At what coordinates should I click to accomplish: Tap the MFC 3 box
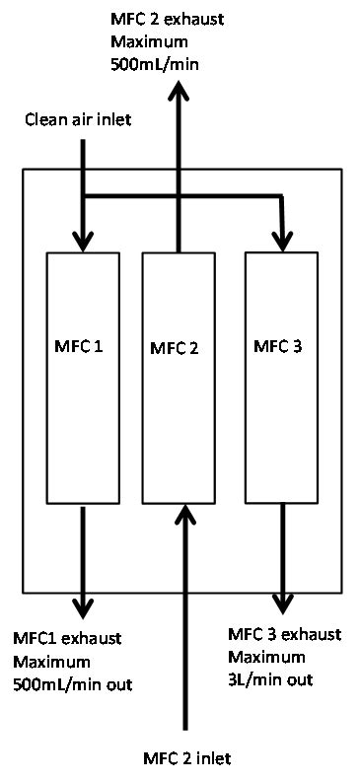click(x=282, y=414)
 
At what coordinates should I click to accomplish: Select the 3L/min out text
click(x=271, y=679)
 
